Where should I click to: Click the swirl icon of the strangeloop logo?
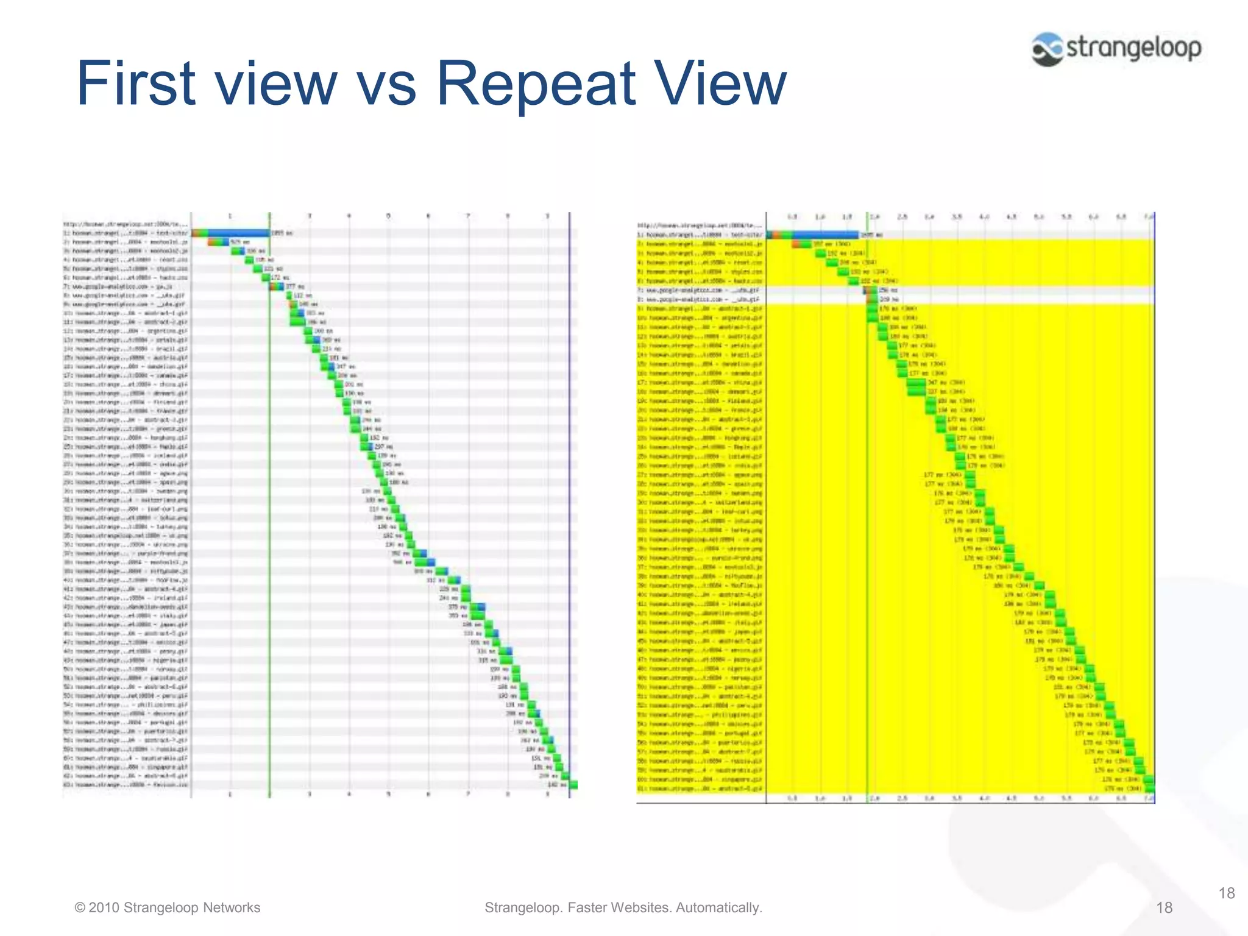pos(1048,49)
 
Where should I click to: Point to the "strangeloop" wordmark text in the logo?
pos(1134,48)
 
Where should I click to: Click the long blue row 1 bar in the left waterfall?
pos(238,233)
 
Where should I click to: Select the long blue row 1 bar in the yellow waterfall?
pos(823,235)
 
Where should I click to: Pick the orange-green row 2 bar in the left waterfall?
pos(218,242)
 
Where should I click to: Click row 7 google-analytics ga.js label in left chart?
pos(126,286)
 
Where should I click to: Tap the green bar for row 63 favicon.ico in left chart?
pos(573,785)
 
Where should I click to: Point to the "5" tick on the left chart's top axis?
pos(388,216)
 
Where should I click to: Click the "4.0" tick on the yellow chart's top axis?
pos(984,217)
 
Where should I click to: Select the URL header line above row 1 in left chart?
pos(126,224)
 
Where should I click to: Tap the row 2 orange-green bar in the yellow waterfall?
pos(802,244)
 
